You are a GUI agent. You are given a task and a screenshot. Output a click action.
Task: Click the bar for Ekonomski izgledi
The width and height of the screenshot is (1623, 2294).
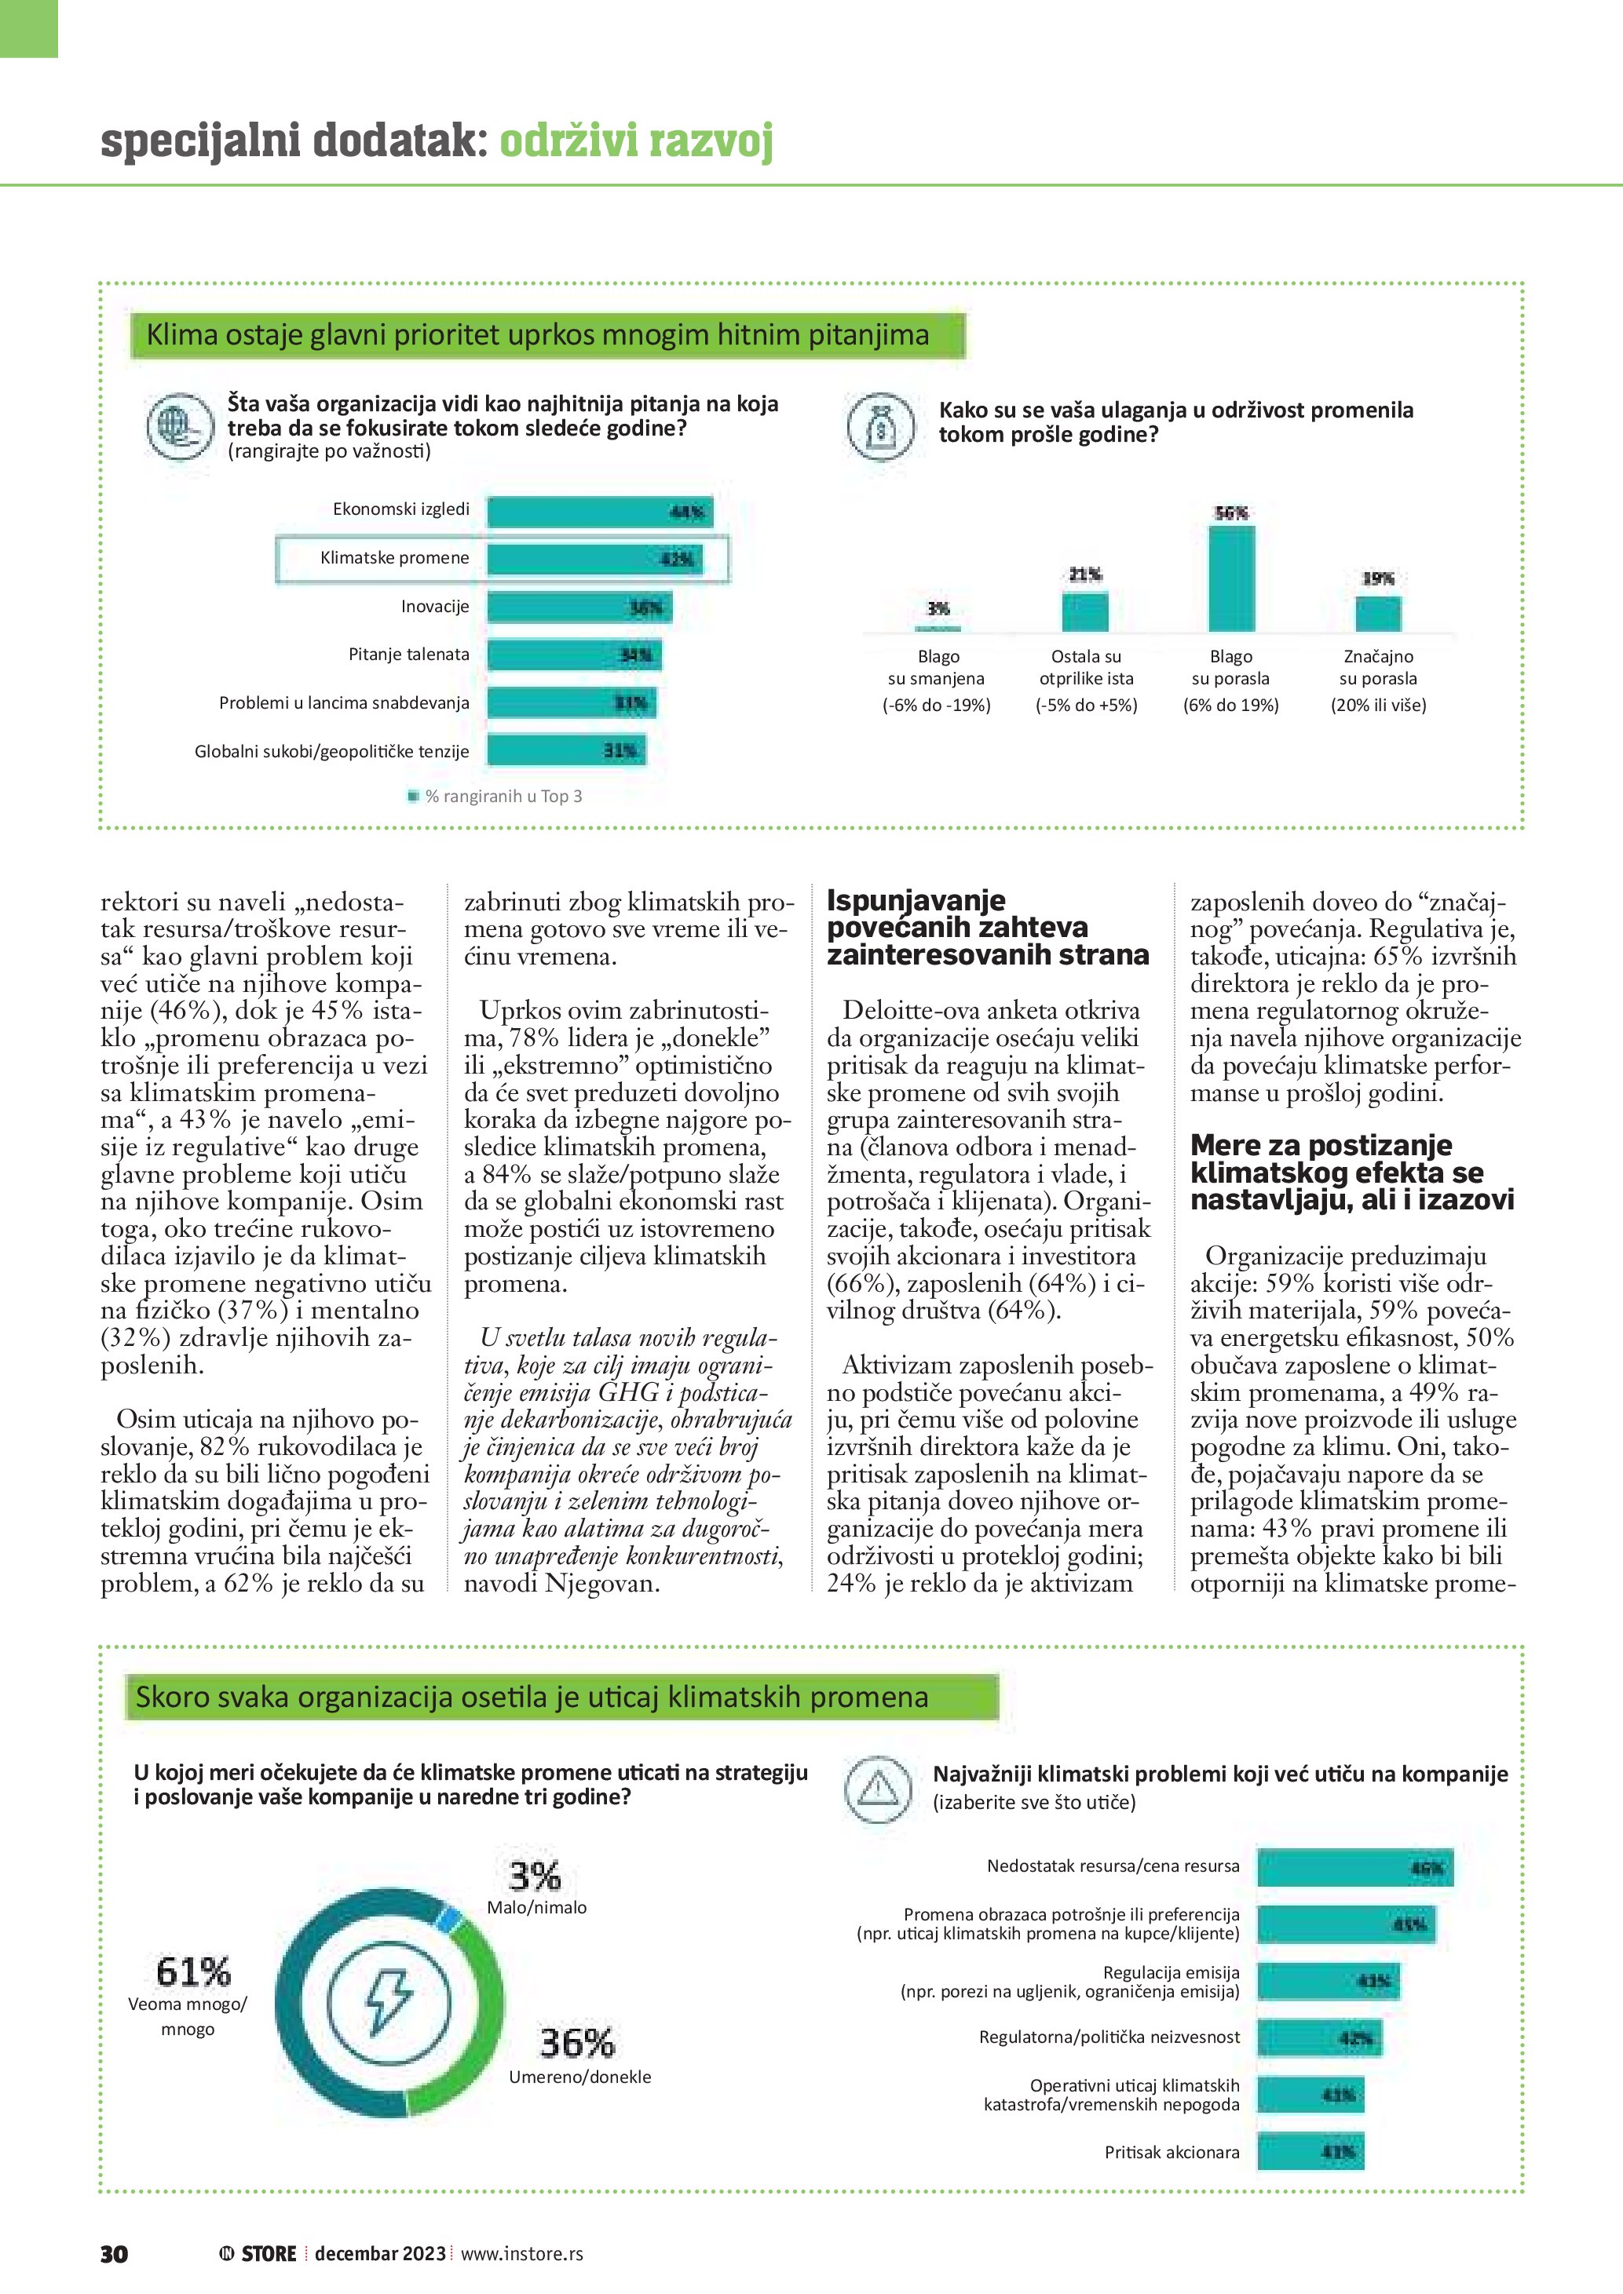600,512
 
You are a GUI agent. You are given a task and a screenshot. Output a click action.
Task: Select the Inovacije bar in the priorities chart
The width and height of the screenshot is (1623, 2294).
579,607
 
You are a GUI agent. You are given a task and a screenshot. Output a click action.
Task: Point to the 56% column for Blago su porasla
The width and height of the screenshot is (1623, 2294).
1231,578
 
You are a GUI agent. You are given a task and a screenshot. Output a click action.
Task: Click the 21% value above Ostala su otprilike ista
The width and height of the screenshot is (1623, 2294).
1085,574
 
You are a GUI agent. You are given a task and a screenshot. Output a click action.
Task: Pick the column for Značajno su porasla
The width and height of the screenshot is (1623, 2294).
1378,614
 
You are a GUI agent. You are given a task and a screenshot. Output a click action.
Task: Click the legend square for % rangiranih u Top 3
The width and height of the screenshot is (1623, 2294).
413,797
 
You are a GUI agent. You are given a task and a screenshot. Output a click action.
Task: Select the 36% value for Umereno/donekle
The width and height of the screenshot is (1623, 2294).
576,2042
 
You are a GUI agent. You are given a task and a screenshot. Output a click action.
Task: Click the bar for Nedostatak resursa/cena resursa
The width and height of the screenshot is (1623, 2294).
1354,1867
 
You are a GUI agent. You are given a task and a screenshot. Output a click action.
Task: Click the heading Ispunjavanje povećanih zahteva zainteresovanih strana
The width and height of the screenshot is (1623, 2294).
988,927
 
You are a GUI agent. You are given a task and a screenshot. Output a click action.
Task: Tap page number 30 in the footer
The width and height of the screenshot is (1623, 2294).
114,2253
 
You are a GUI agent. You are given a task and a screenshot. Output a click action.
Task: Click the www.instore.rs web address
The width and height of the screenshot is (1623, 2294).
521,2253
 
